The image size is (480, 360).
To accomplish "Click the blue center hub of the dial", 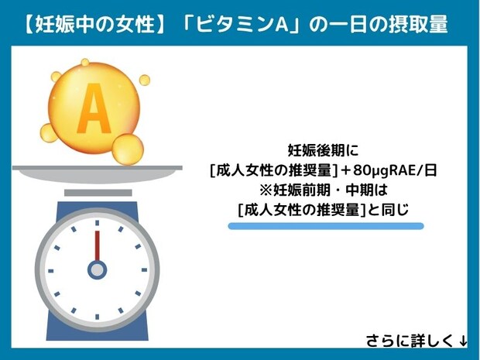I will point(97,269).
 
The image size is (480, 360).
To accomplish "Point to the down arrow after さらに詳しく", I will point(463,340).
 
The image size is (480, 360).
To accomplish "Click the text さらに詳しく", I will point(410,340).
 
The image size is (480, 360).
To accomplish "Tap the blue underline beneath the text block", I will point(325,226).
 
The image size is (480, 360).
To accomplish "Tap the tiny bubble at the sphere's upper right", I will point(144,79).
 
